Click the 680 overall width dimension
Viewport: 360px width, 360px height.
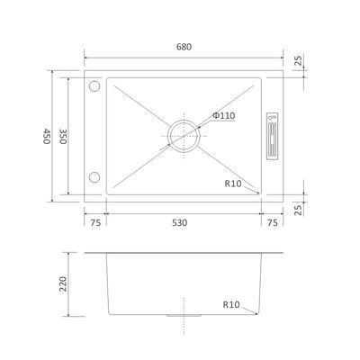point(184,47)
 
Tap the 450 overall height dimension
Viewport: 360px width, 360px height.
point(46,137)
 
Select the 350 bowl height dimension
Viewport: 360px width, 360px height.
point(63,137)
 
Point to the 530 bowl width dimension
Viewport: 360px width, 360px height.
point(180,223)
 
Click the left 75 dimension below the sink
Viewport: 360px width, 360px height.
point(95,223)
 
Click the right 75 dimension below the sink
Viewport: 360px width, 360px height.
point(273,223)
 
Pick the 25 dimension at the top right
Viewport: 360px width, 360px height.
point(299,60)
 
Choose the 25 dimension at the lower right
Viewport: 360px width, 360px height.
point(299,210)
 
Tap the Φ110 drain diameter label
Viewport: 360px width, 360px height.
point(224,116)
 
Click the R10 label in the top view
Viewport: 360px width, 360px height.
point(233,184)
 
